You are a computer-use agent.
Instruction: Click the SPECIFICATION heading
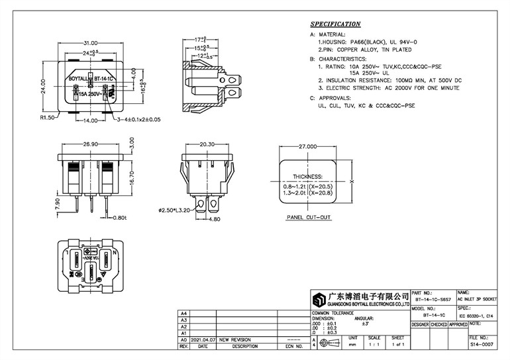coord(335,24)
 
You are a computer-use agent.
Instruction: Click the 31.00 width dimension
coord(91,43)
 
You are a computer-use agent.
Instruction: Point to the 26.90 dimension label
coord(90,144)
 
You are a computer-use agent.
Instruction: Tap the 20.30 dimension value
coord(207,144)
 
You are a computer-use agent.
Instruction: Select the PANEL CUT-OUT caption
coord(309,216)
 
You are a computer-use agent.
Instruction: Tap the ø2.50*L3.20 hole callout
coord(174,210)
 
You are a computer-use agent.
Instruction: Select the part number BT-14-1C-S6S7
coord(432,300)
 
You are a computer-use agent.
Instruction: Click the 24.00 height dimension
coord(42,86)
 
